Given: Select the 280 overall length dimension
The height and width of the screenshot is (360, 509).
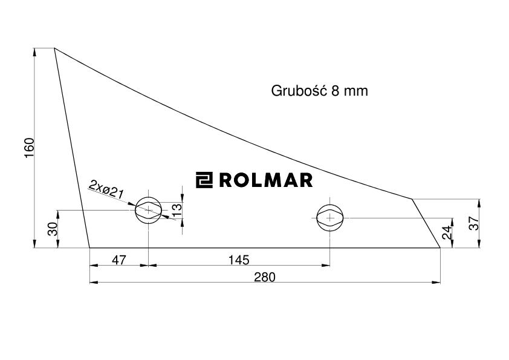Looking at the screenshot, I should point(265,277).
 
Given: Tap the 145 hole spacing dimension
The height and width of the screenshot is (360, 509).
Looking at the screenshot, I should point(239,260).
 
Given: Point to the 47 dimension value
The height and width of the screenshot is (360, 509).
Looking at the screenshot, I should point(119,260).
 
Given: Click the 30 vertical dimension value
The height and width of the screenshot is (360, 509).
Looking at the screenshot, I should point(52,229).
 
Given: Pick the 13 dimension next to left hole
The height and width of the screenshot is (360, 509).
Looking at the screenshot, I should point(177,209).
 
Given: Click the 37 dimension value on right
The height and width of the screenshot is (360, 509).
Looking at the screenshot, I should point(474,223).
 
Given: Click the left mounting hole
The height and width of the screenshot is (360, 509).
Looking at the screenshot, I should point(148,210).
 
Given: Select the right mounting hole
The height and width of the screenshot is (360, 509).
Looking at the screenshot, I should point(330,217).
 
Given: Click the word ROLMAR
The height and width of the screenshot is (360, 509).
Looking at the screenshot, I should point(265,180).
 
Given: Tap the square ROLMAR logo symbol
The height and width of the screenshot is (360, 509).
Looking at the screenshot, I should point(204,180).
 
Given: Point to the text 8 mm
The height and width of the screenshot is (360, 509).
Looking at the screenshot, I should point(350,91).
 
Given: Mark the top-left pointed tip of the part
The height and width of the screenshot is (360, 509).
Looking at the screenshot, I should point(55,48).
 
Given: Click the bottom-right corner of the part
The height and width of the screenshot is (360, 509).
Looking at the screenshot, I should point(439,247).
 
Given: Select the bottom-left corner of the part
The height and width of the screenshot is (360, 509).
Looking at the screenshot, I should point(89,247).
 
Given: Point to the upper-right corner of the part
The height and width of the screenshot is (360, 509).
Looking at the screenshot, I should point(413,198).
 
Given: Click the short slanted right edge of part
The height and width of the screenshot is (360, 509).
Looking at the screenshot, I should point(426,223).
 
